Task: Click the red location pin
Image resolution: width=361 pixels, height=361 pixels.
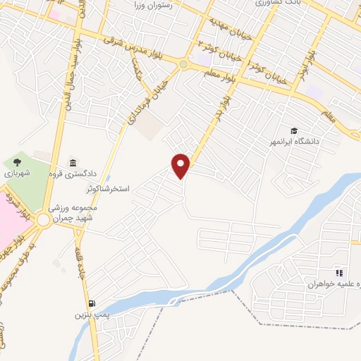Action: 181,166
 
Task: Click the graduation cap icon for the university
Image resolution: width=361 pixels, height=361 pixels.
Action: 293,130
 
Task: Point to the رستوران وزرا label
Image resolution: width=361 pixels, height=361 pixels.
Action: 156,5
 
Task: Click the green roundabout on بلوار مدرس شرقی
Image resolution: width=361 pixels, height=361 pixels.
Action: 183,65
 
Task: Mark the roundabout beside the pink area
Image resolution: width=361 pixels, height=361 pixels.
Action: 44,221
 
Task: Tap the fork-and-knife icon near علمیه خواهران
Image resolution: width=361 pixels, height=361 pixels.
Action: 339,273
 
